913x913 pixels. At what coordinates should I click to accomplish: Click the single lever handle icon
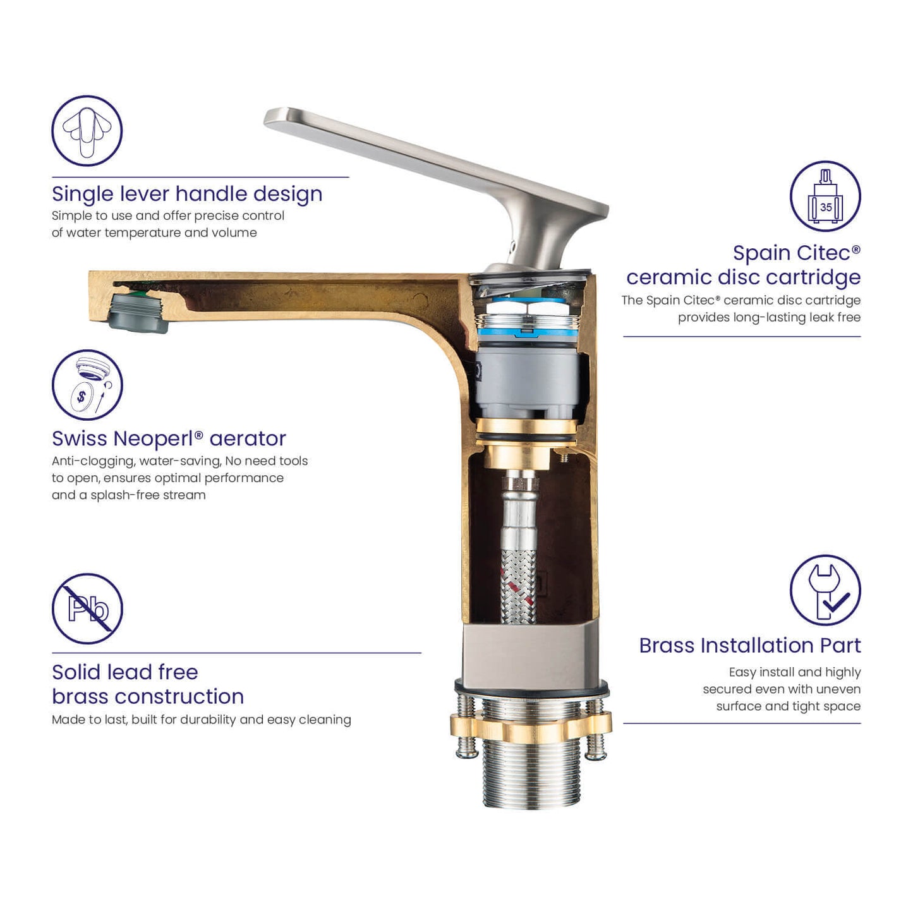pyautogui.click(x=87, y=131)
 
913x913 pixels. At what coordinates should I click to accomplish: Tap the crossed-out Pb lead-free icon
pyautogui.click(x=87, y=609)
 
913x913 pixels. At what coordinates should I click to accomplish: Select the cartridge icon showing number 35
pyautogui.click(x=825, y=196)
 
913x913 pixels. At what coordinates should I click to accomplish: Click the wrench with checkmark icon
pyautogui.click(x=825, y=590)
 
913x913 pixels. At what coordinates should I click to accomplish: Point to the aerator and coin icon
pyautogui.click(x=87, y=385)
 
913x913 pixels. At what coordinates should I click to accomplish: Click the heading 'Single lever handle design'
pyautogui.click(x=187, y=194)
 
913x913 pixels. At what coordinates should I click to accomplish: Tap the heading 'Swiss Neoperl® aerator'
pyautogui.click(x=169, y=438)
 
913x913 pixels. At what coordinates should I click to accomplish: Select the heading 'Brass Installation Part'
pyautogui.click(x=749, y=645)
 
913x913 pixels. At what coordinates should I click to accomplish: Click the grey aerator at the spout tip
pyautogui.click(x=138, y=313)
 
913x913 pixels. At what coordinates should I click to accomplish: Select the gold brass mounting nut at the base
pyautogui.click(x=531, y=727)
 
